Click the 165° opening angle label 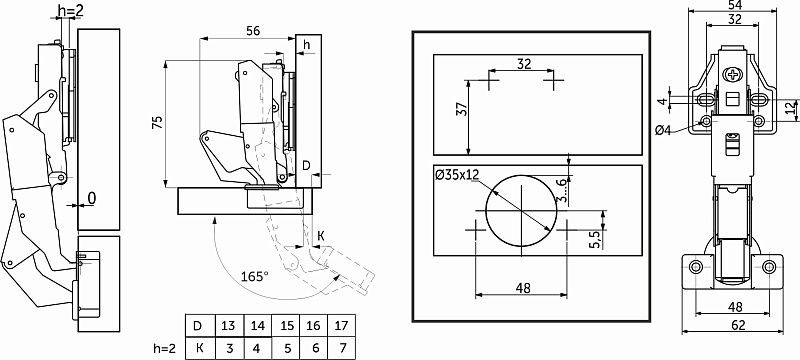[255, 277]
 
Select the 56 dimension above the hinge [253, 31]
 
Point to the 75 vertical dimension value [158, 122]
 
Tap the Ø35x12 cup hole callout [457, 174]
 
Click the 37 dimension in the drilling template [461, 109]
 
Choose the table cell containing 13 [230, 325]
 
